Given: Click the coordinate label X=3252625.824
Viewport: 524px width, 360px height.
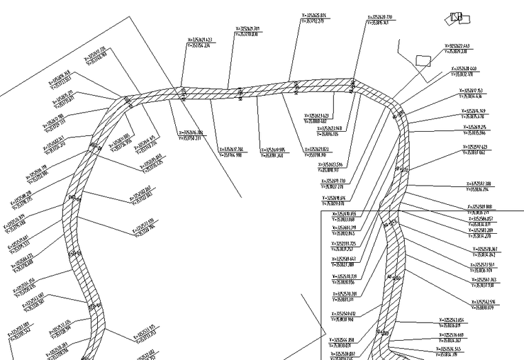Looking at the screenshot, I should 313,17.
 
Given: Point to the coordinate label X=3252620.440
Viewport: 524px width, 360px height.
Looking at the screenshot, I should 469,69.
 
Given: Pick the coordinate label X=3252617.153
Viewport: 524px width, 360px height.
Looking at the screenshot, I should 475,91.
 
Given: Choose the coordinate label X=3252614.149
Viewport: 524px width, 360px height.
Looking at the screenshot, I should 478,111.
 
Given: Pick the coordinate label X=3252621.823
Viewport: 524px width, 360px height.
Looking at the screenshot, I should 323,149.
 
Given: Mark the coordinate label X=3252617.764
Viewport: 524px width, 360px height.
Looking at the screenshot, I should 232,148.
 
